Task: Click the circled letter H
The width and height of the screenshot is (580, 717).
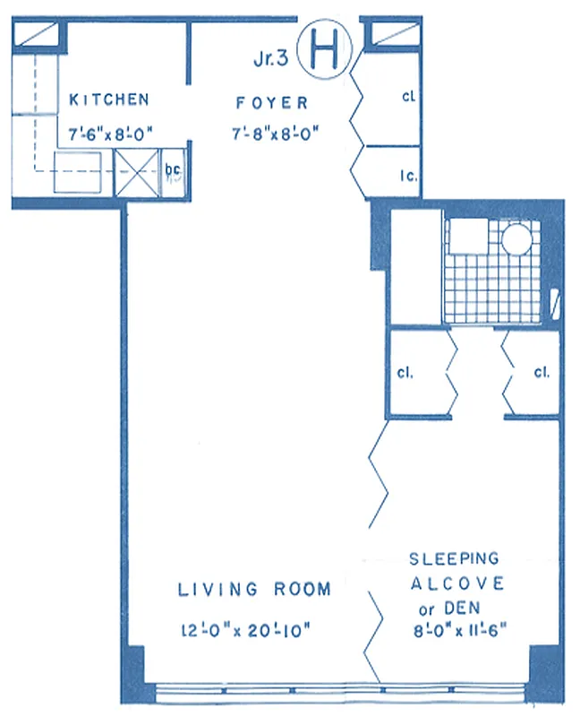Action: [324, 52]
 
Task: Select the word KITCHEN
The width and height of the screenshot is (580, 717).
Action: [109, 99]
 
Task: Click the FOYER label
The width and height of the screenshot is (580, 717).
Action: [272, 101]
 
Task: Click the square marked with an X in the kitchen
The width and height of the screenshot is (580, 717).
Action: [139, 172]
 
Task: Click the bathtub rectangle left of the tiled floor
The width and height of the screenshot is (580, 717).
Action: [417, 269]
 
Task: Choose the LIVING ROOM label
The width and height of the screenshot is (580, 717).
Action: [254, 590]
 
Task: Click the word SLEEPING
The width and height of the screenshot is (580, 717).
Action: [454, 559]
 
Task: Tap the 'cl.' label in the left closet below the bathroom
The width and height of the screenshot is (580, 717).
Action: [405, 372]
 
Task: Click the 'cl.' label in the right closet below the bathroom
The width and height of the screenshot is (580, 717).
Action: [541, 372]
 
